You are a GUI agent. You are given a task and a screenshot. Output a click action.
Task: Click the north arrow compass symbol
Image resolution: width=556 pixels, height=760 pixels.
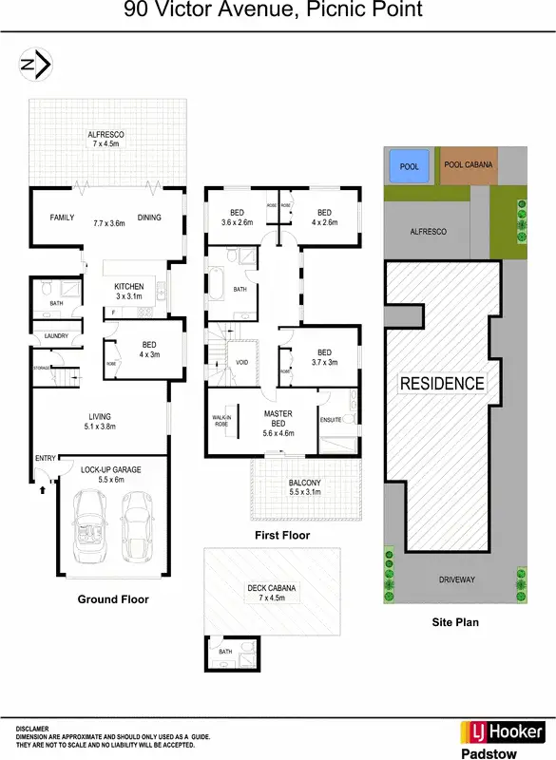[36, 65]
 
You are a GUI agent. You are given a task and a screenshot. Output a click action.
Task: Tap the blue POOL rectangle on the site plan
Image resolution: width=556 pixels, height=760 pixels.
[409, 167]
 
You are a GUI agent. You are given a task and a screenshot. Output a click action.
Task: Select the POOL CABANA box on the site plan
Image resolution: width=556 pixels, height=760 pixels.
[469, 165]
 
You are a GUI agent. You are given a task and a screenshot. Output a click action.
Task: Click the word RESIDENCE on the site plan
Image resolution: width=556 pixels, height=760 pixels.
[441, 384]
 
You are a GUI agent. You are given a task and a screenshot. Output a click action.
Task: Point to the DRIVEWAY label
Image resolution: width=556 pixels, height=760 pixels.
[456, 579]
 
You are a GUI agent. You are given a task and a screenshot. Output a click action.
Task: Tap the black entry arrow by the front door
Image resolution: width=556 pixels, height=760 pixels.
[43, 491]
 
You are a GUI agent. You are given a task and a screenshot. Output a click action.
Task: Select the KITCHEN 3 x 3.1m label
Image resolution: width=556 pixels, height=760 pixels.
[128, 291]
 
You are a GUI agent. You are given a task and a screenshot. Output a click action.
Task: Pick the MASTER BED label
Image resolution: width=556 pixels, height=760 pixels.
[278, 418]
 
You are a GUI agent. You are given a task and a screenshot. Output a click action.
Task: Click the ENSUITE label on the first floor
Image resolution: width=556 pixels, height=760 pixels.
[331, 419]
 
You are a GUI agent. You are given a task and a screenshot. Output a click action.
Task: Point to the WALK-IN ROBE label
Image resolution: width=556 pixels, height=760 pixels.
[220, 421]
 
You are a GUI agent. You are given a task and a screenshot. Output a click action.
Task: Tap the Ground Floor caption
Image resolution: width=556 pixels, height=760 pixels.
[112, 599]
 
